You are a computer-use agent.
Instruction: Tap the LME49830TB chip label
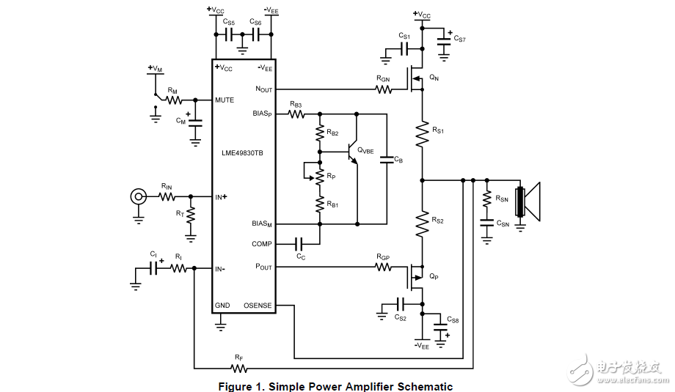pos(243,153)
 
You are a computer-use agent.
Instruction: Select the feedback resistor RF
pos(238,367)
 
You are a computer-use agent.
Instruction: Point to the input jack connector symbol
pos(137,196)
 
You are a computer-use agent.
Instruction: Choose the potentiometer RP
pos(319,176)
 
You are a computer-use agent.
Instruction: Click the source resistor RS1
pos(423,134)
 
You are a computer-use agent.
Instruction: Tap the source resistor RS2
pos(423,223)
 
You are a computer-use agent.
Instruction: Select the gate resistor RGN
pos(383,90)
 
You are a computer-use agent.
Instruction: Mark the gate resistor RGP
pos(383,267)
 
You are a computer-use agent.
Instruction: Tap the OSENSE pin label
pos(258,306)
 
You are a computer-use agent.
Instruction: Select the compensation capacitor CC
pos(299,244)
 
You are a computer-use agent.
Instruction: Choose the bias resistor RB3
pos(296,114)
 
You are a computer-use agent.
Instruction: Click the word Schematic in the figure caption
pos(420,386)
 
